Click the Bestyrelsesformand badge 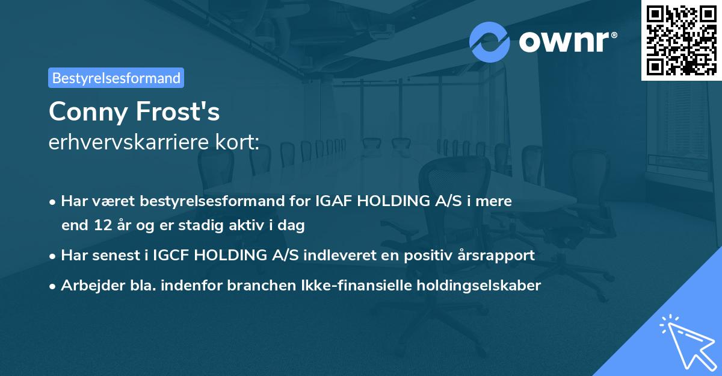[116, 78]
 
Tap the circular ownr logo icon [490, 42]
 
